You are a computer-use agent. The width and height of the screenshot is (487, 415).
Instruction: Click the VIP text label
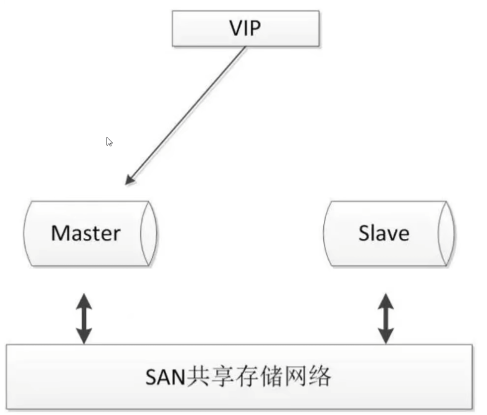click(245, 28)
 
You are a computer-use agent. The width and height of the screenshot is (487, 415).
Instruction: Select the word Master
click(86, 233)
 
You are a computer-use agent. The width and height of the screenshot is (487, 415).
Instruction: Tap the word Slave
click(384, 233)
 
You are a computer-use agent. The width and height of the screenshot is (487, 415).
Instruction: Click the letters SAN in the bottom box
click(165, 377)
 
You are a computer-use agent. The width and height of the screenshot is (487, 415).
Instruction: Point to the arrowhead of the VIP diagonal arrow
click(130, 180)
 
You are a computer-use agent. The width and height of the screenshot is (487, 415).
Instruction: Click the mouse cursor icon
click(110, 141)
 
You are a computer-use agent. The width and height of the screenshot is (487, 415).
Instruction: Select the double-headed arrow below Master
click(84, 319)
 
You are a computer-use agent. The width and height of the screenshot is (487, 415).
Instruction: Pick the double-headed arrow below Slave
click(385, 319)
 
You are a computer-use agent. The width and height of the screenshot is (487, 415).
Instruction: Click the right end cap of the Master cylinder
click(149, 233)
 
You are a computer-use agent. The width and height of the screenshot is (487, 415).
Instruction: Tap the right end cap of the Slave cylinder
click(447, 233)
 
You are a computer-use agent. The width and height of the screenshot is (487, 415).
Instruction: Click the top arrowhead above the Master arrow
click(84, 301)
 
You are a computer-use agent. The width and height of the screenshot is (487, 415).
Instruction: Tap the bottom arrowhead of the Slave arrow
click(385, 337)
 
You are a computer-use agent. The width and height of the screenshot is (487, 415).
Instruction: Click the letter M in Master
click(59, 233)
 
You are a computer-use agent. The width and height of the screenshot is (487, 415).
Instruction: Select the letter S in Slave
click(364, 233)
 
